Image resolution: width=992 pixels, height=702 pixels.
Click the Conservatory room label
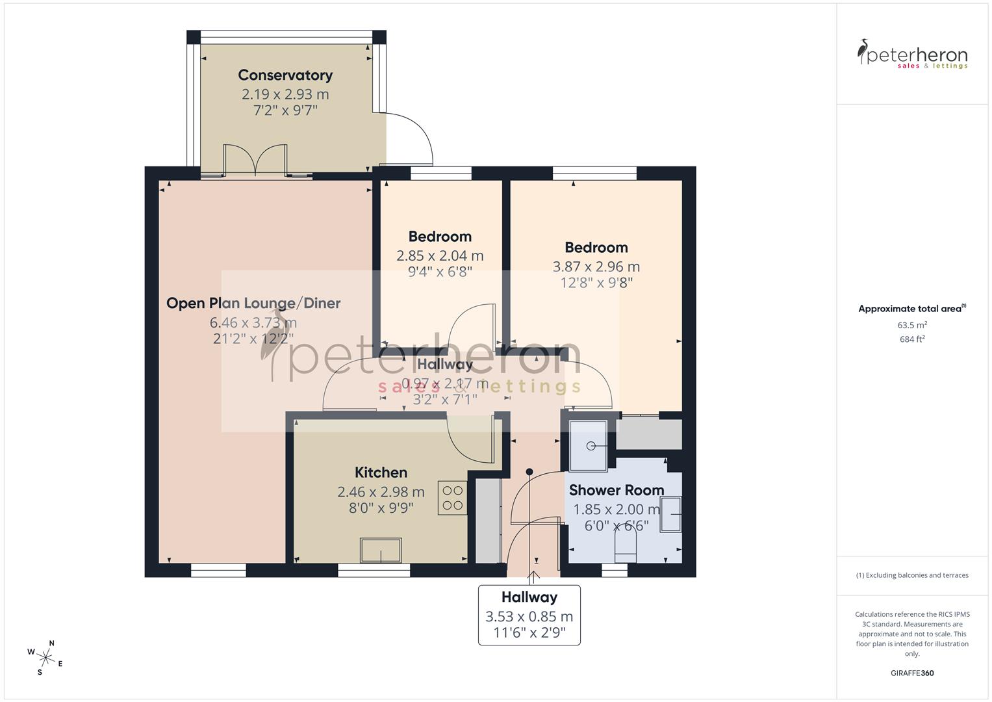tap(285, 75)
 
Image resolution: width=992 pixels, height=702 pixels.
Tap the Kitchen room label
tap(381, 473)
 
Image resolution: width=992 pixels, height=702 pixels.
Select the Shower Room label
tap(617, 490)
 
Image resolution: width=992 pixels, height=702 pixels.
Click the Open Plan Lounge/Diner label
tap(253, 303)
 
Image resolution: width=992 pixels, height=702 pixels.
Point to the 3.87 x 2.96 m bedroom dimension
tap(596, 266)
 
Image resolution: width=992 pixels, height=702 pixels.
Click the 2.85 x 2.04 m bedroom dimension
tap(440, 255)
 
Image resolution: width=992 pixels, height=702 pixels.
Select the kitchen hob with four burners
tap(452, 498)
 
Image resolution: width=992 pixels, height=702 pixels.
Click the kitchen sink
tap(381, 551)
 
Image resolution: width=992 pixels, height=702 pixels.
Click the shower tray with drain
tap(589, 446)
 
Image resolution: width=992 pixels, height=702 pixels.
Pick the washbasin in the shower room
tap(672, 514)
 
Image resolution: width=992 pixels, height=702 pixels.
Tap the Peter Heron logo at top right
tap(912, 54)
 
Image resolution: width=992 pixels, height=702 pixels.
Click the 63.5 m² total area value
tap(912, 325)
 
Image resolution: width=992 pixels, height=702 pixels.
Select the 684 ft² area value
tap(912, 339)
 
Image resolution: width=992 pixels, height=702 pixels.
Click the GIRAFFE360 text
tap(912, 673)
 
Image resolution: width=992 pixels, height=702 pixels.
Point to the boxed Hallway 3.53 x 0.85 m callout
tap(529, 615)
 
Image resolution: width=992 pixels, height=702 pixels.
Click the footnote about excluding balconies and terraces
tap(912, 575)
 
